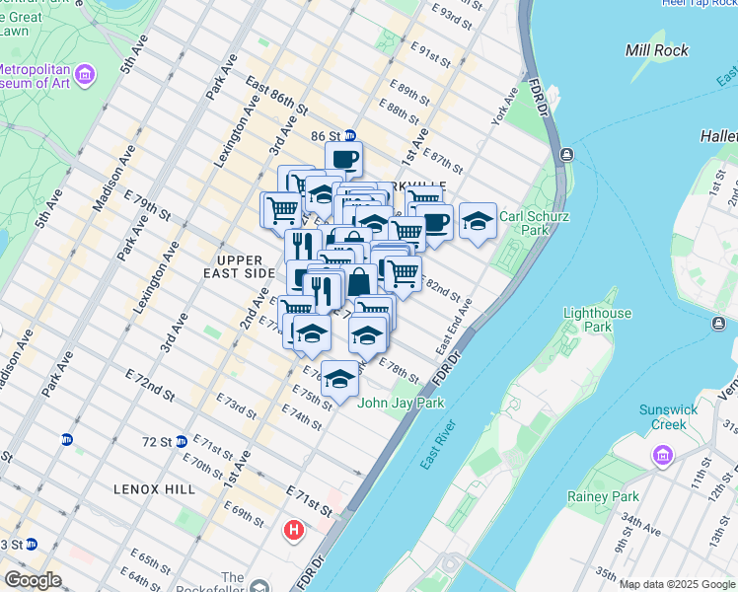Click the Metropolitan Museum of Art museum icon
pos(85,75)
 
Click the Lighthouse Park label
pos(598,320)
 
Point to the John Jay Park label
pos(401,403)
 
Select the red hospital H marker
pos(293,530)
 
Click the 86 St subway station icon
pos(349,135)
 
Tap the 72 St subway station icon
pos(182,442)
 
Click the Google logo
pos(32,580)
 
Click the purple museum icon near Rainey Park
pos(661,456)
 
